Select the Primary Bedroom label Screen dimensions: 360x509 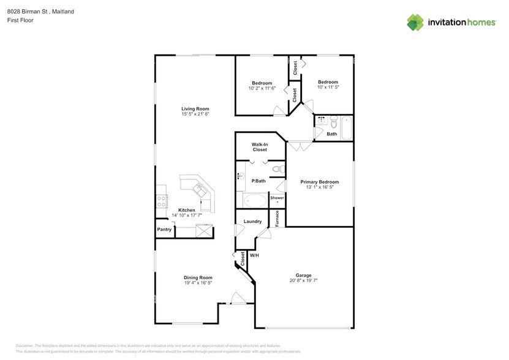pos(319,182)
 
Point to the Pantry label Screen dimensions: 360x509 pos(164,230)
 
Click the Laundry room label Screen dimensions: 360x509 pos(252,222)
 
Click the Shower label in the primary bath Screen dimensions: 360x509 pos(277,198)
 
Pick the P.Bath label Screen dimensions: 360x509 pos(259,181)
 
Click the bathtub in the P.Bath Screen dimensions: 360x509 pos(254,200)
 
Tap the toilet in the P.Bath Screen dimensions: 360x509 pos(276,168)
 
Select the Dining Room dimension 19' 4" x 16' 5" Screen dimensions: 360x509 pos(198,283)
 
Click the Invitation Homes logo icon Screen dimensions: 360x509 pos(416,22)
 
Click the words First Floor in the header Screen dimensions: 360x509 pos(20,20)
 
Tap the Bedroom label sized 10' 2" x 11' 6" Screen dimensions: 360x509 pos(262,88)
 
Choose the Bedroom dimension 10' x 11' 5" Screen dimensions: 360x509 pos(328,88)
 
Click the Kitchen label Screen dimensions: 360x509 pos(187,210)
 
